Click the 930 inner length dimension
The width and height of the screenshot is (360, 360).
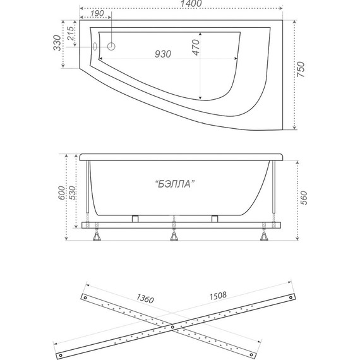pyautogui.click(x=164, y=54)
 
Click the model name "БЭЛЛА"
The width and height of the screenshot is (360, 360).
pyautogui.click(x=173, y=184)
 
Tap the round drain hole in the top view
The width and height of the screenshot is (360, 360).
pyautogui.click(x=112, y=47)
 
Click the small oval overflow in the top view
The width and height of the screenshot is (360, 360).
pyautogui.click(x=96, y=46)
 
